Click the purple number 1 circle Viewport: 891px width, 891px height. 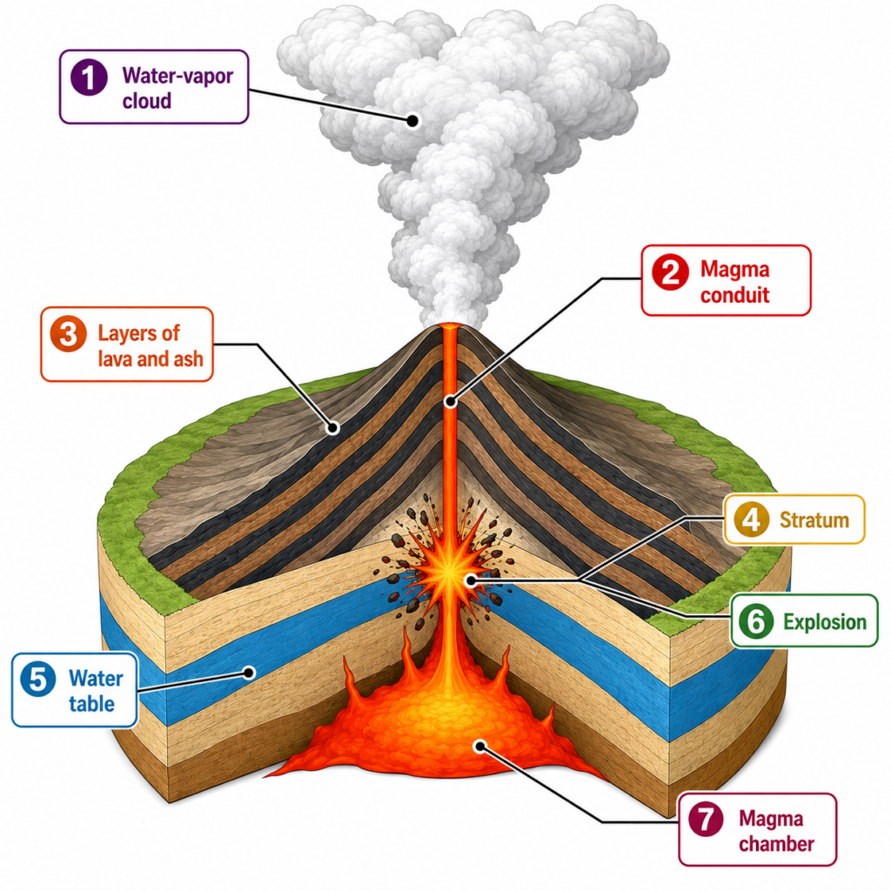(x=90, y=77)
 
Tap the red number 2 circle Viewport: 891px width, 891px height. (x=671, y=272)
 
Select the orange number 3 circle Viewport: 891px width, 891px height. (x=68, y=333)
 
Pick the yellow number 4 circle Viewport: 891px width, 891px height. (x=752, y=519)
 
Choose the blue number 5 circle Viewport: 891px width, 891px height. (x=38, y=679)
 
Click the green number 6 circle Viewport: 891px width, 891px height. (x=756, y=621)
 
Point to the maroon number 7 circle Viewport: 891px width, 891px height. (x=706, y=819)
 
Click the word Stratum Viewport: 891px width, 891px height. (x=814, y=520)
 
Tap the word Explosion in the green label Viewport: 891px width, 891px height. (x=825, y=622)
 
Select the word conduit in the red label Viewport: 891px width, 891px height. (x=734, y=295)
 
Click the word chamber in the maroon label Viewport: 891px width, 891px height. (x=776, y=844)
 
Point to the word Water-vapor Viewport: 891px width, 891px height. (x=178, y=77)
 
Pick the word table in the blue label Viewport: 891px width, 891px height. (x=92, y=704)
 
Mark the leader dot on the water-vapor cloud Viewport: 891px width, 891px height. (x=413, y=120)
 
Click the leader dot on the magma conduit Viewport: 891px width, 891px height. (x=451, y=402)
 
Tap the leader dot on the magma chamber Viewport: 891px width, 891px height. (x=480, y=746)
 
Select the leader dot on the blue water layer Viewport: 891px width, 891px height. (x=248, y=673)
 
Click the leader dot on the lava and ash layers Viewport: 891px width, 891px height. (x=333, y=428)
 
